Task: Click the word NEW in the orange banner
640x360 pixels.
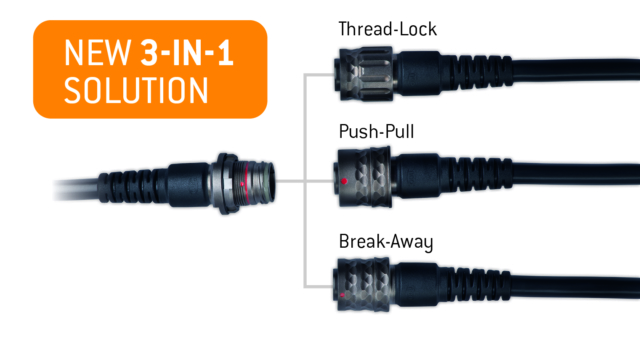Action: click(98, 53)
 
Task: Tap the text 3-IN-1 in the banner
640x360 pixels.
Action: click(187, 53)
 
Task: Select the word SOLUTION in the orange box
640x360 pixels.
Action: click(136, 90)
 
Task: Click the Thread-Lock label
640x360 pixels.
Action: click(388, 29)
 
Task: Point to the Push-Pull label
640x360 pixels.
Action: click(376, 131)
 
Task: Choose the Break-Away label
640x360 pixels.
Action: click(386, 242)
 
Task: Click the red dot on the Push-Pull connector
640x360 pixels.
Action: click(344, 181)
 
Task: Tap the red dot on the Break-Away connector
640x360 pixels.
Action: click(342, 295)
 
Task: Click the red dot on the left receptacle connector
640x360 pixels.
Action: click(242, 184)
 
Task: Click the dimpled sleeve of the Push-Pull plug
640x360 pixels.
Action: click(364, 177)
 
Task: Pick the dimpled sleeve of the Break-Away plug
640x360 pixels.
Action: click(362, 284)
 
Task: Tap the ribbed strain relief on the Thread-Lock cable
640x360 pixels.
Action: click(476, 72)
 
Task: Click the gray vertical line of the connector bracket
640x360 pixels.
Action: click(305, 181)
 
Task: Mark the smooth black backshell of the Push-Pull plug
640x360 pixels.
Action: click(417, 176)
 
